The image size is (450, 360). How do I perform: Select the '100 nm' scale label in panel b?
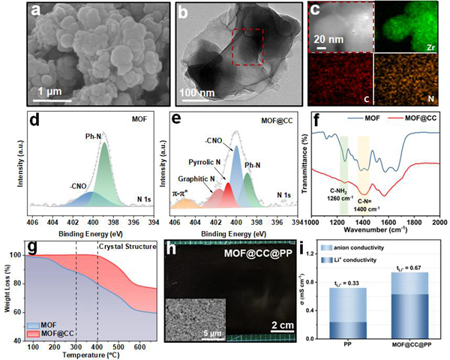tap(198, 96)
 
